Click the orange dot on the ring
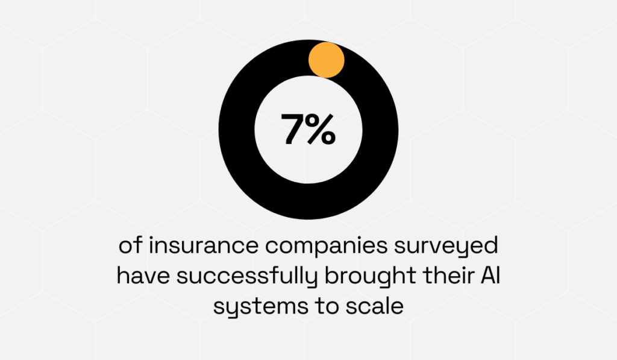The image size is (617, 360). (x=326, y=60)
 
